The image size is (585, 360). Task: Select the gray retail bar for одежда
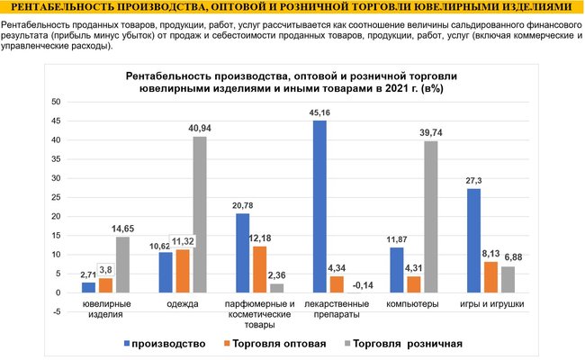(199, 214)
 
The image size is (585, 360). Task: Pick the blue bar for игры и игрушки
(473, 240)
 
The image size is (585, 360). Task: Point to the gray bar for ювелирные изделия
(122, 265)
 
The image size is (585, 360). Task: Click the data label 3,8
(105, 269)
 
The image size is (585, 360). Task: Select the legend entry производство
(171, 343)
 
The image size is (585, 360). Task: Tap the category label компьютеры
(413, 305)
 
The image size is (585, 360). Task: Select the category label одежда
(183, 305)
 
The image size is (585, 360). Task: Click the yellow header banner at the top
(292, 8)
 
